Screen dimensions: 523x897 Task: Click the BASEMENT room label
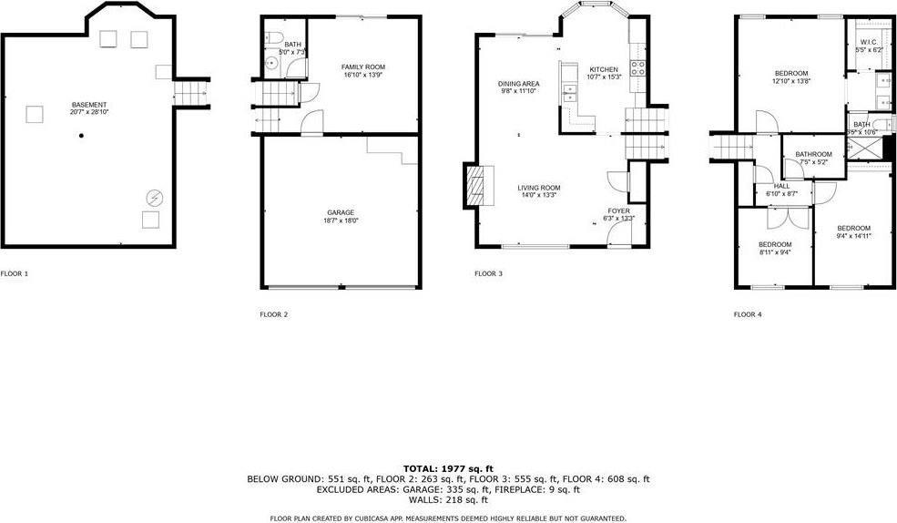coord(89,105)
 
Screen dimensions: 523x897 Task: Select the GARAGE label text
coord(341,212)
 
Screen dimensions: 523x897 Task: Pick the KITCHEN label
coord(604,70)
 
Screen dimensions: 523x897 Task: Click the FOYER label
coord(620,210)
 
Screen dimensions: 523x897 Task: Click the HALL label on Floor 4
coord(768,186)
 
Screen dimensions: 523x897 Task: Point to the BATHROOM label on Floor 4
coord(813,155)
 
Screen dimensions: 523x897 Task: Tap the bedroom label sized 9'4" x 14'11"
coord(853,228)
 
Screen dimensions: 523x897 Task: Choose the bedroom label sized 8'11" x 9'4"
coord(775,244)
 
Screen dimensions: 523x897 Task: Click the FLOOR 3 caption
coord(488,273)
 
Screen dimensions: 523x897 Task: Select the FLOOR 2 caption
coord(274,314)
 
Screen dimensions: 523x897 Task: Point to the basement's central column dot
coord(81,136)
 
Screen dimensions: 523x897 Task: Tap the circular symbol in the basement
coord(154,196)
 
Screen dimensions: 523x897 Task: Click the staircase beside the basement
coord(190,92)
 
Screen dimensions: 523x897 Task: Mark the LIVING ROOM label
coord(539,188)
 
